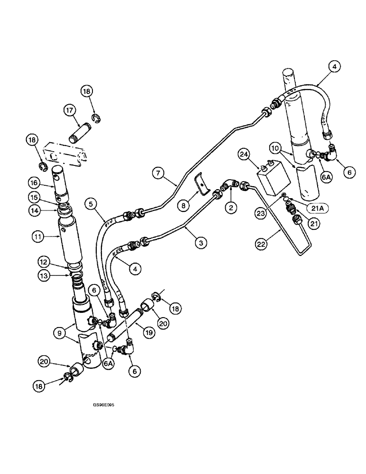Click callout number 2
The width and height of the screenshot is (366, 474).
[230, 207]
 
